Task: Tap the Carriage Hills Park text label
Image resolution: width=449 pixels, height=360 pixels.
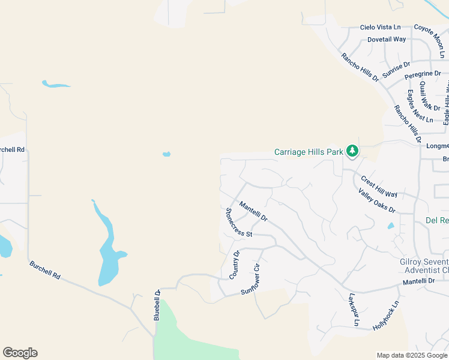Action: (x=309, y=152)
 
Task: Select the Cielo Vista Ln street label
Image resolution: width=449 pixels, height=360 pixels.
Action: (x=380, y=28)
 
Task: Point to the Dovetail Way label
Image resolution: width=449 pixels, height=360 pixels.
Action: (x=387, y=40)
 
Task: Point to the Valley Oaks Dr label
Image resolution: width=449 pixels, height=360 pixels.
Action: (x=376, y=201)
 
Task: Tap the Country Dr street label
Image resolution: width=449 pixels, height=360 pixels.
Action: (x=235, y=265)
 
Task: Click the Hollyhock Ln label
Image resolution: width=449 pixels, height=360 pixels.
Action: (x=385, y=316)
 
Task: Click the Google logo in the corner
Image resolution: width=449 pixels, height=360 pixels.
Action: (x=20, y=353)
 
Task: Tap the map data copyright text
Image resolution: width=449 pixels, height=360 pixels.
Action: (x=412, y=355)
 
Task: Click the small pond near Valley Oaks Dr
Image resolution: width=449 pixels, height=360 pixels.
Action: (x=391, y=226)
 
